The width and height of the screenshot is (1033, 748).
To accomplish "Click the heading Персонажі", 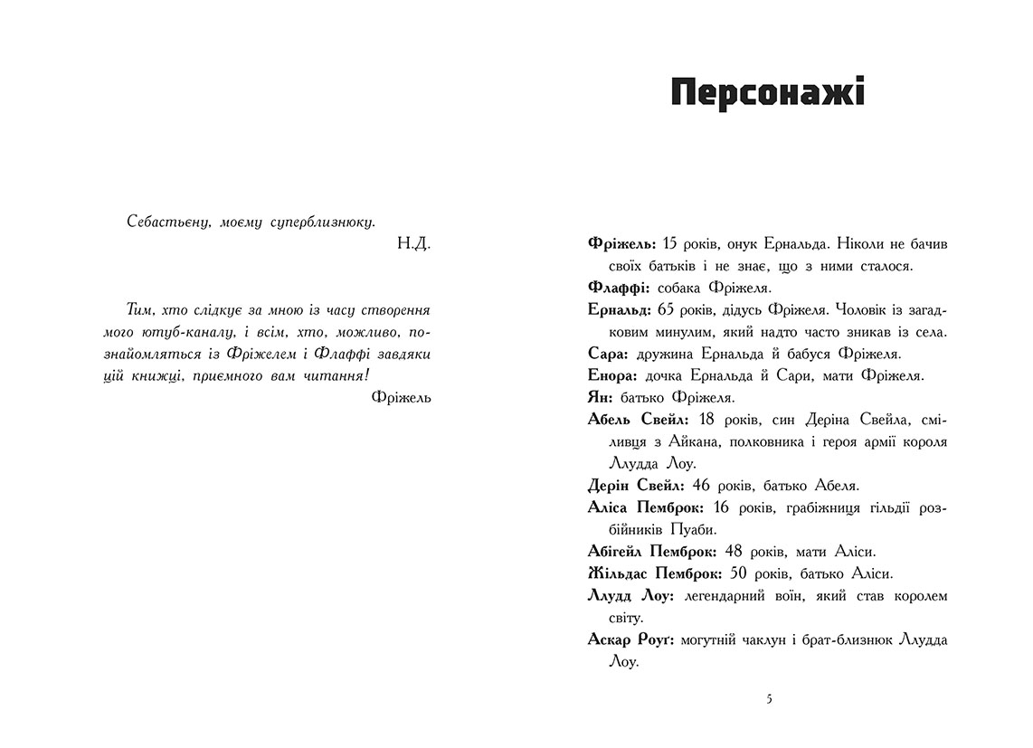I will click(767, 93).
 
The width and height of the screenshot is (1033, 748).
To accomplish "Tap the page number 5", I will click(769, 699).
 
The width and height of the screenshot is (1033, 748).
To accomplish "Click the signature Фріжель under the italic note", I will click(401, 396).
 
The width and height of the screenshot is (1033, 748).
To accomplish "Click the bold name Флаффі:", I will click(615, 288).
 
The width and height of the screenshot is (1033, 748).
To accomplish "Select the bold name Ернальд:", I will click(621, 309).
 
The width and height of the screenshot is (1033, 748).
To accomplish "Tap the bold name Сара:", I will click(608, 354).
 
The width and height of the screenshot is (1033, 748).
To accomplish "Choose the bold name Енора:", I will click(613, 375).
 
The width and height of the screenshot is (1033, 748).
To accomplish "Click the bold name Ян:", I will click(601, 397).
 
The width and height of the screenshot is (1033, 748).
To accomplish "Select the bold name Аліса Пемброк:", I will click(646, 507).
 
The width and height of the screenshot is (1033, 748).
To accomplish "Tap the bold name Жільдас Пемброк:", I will click(655, 573).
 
